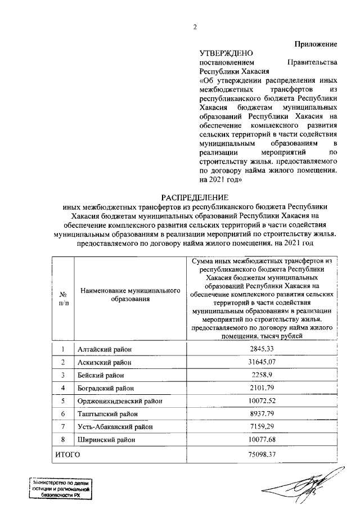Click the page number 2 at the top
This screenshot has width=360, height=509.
(195, 27)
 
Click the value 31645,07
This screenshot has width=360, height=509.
(262, 362)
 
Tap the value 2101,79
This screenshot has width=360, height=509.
(262, 388)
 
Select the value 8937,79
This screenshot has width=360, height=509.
(262, 413)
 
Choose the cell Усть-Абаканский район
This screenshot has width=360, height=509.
(111, 426)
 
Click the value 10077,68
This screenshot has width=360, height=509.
(262, 439)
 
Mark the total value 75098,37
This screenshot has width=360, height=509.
(262, 453)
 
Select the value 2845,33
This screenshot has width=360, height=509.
(262, 349)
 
